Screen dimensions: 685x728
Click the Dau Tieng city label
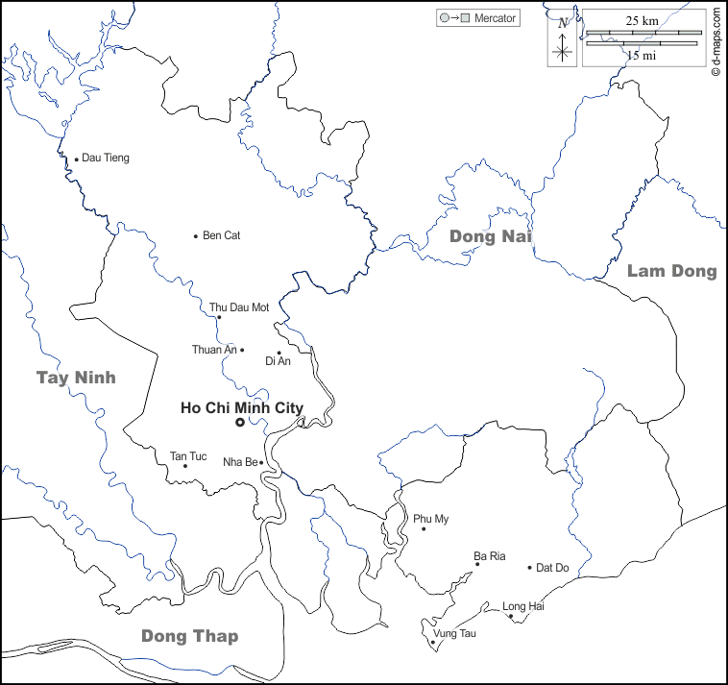point(105,158)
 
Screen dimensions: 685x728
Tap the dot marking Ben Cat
point(196,235)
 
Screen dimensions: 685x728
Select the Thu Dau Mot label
point(239,307)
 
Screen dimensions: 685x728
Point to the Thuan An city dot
point(242,350)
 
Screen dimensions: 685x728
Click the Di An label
point(278,361)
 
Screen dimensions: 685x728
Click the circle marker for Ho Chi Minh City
point(239,423)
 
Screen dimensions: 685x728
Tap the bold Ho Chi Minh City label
point(242,408)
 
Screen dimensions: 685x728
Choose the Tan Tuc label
point(188,455)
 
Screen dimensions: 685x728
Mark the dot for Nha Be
point(261,462)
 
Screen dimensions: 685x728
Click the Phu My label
point(431,519)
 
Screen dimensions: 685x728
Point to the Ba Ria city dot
point(477,564)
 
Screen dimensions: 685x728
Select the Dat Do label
point(552,568)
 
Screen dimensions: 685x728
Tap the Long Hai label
point(523,606)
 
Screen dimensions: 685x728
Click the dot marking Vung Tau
point(433,642)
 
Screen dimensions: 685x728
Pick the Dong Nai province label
point(491,236)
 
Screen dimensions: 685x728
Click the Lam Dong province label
point(671,271)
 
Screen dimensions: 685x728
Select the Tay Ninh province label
point(76,378)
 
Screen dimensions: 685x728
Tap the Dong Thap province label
point(189,636)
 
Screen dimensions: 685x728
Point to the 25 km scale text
point(642,20)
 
